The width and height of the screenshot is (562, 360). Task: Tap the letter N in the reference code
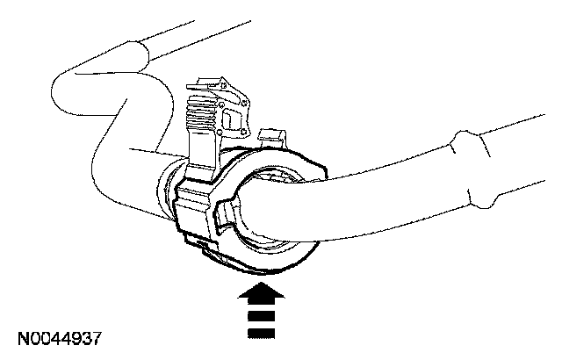point(19,338)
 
